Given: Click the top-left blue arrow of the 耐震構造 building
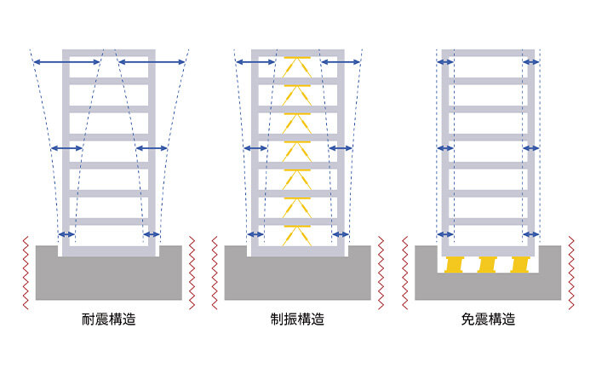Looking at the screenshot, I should coord(65,60).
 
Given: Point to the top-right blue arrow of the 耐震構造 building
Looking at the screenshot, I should coord(152,60).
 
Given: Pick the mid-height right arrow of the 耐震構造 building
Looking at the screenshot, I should coord(152,148).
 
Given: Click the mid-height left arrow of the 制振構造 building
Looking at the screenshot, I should coord(256,148).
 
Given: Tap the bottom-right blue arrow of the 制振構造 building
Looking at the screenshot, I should coord(341,234).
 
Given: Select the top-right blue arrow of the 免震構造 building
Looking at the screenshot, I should coord(531,60).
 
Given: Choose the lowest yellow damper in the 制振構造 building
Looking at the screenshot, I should coord(297,231).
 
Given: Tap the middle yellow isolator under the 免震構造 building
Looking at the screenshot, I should coord(487,264).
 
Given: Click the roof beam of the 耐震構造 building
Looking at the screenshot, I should coord(108,52).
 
